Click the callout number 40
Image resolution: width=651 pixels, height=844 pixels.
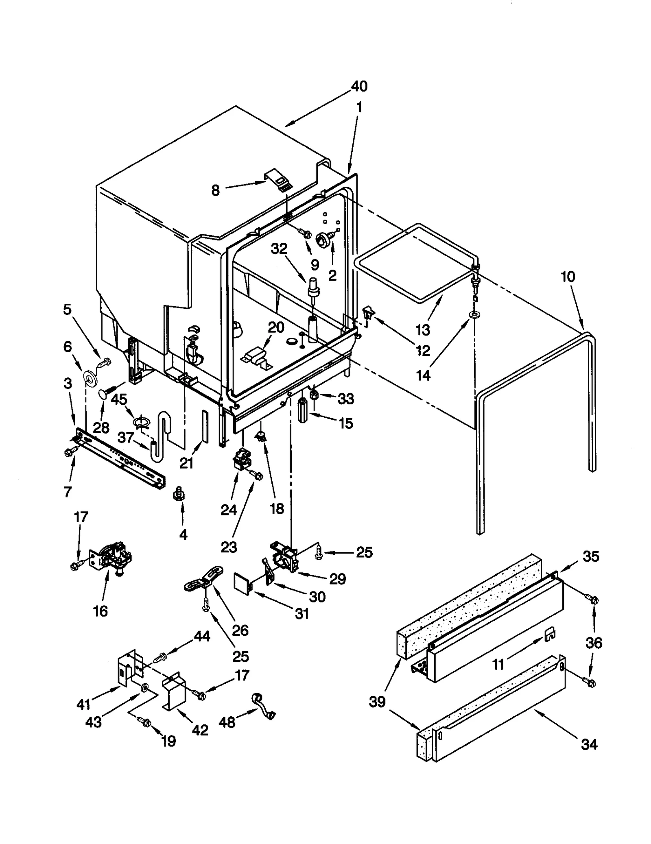pyautogui.click(x=359, y=86)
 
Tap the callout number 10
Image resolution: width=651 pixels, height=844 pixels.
pyautogui.click(x=568, y=277)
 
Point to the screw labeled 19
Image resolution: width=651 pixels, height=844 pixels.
pyautogui.click(x=145, y=721)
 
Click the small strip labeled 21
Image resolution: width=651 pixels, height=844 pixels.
pyautogui.click(x=205, y=425)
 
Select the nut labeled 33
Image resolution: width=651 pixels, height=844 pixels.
pyautogui.click(x=314, y=395)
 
